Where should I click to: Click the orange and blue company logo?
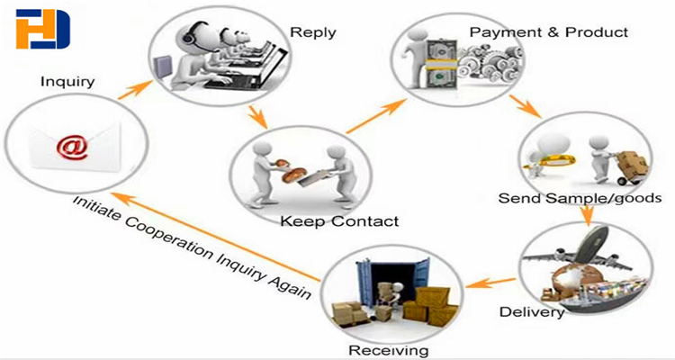tap(42, 30)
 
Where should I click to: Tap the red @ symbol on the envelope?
tap(72, 148)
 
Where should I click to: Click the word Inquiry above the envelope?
tap(67, 82)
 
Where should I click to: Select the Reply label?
tap(313, 32)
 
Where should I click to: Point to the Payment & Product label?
tap(549, 31)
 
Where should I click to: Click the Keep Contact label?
tap(339, 221)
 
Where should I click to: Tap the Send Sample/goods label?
tap(580, 198)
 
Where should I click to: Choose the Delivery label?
tap(532, 311)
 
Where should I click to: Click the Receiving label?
tap(388, 350)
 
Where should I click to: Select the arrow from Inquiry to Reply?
tap(135, 90)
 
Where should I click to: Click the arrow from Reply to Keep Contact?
tap(258, 117)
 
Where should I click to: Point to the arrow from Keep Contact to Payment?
tap(376, 116)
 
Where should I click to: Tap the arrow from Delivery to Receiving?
tap(490, 283)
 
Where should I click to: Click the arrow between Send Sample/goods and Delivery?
tap(587, 215)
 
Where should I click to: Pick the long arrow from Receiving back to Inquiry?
tap(218, 237)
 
